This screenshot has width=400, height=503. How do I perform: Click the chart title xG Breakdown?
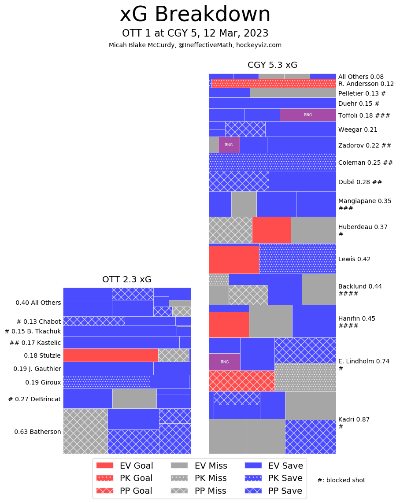pyautogui.click(x=195, y=15)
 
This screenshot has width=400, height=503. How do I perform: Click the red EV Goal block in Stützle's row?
pyautogui.click(x=111, y=355)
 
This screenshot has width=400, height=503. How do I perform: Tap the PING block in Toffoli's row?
pyautogui.click(x=307, y=115)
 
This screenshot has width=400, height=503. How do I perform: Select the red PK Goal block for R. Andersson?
pyautogui.click(x=274, y=83)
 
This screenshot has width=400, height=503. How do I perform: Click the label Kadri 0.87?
pyautogui.click(x=354, y=419)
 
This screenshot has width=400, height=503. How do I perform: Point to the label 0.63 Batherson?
pyautogui.click(x=37, y=432)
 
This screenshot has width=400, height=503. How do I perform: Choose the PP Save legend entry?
pyautogui.click(x=274, y=491)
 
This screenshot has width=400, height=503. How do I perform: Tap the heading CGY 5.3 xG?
pyautogui.click(x=272, y=65)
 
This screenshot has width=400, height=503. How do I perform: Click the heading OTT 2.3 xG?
pyautogui.click(x=127, y=279)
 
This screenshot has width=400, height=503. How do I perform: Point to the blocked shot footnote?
pyautogui.click(x=341, y=480)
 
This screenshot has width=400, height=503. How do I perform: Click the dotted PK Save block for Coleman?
pyautogui.click(x=272, y=162)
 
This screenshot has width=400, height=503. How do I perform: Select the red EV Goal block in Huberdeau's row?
pyautogui.click(x=271, y=230)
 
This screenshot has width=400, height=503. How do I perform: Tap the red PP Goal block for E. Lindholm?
pyautogui.click(x=241, y=381)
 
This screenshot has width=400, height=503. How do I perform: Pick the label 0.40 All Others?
pyautogui.click(x=38, y=303)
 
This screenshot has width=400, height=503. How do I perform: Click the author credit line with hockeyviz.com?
pyautogui.click(x=195, y=45)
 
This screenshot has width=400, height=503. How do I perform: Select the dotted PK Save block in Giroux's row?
pyautogui.click(x=106, y=381)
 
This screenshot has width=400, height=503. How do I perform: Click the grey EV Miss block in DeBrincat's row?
pyautogui.click(x=134, y=398)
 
